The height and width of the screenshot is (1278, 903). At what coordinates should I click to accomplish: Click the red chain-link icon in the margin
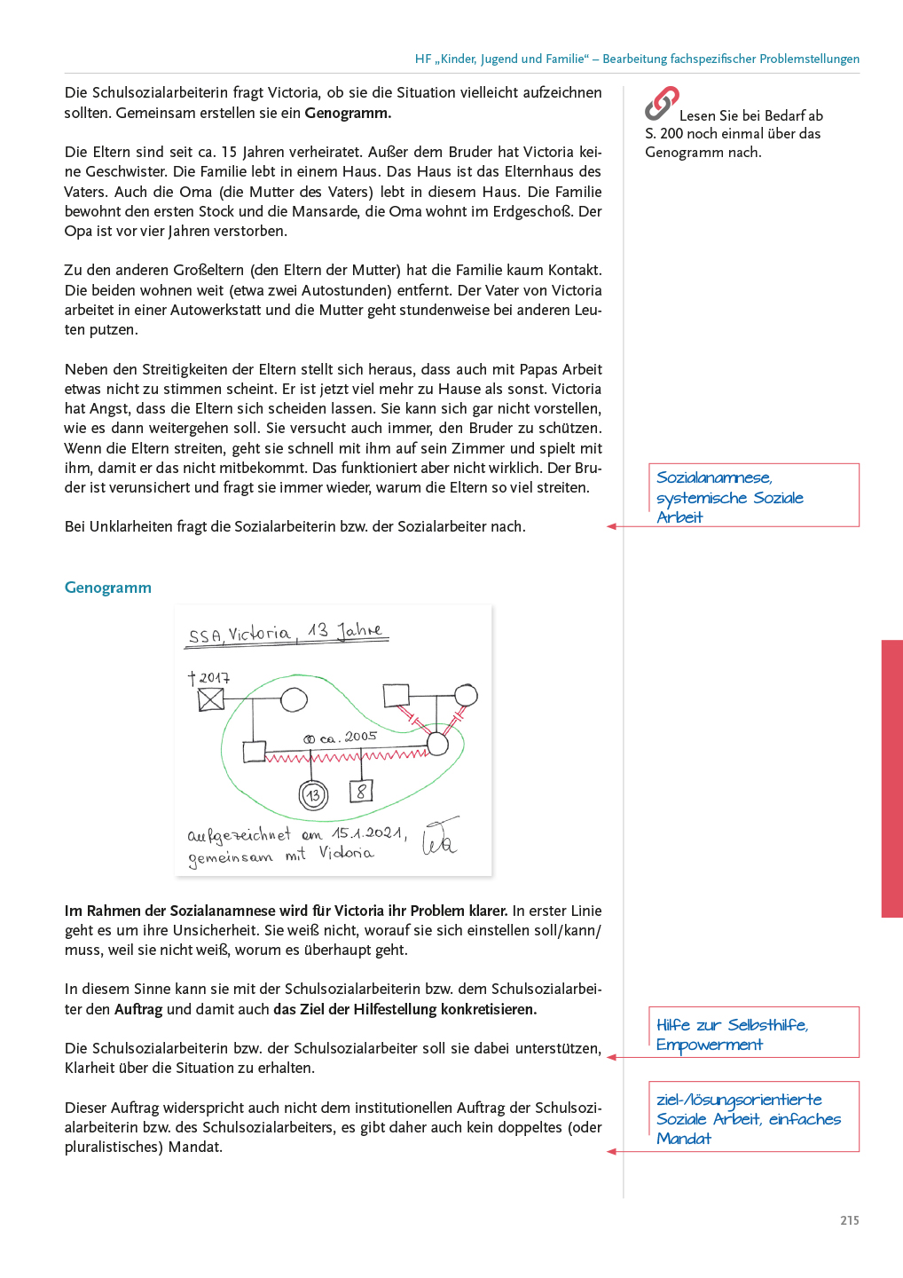(661, 103)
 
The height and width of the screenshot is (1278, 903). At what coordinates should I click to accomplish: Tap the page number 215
(849, 1220)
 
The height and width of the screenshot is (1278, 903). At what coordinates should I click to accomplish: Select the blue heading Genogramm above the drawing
(108, 588)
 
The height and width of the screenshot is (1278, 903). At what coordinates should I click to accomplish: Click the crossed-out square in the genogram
(211, 699)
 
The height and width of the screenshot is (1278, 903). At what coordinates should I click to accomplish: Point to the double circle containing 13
(313, 795)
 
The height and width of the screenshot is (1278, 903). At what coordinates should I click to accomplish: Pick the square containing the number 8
(361, 790)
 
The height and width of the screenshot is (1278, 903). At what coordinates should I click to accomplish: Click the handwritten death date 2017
(214, 678)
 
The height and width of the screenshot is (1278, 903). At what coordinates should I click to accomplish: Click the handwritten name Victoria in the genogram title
(259, 634)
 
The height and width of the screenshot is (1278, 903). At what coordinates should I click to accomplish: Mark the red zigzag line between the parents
(346, 756)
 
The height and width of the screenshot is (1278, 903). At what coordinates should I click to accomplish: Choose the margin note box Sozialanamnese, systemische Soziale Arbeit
(753, 495)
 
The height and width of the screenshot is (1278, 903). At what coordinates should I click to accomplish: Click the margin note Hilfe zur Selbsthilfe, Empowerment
(753, 1033)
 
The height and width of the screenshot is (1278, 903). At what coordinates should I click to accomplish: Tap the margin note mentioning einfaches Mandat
(753, 1117)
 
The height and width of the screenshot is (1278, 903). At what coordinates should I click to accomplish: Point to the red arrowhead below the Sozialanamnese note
(611, 527)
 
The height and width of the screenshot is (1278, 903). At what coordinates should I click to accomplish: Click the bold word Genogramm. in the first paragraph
(348, 113)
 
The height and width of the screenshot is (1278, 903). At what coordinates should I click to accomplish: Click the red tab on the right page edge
(891, 778)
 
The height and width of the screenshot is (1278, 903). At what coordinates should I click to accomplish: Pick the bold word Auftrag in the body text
(138, 1009)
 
